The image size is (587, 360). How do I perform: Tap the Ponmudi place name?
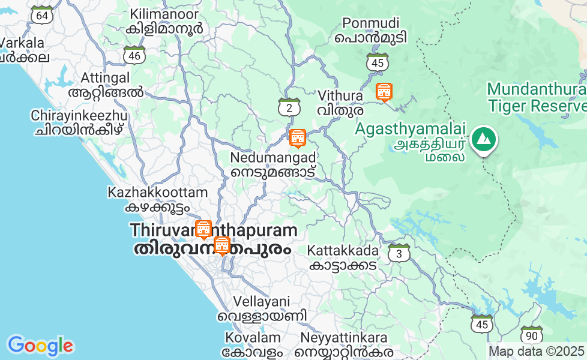coord(371,30)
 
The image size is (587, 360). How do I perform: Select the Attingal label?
coord(106,85)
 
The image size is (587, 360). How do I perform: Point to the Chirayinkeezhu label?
coord(79,122)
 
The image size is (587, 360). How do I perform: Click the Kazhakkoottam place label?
coord(157,200)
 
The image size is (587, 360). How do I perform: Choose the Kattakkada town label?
coord(343,257)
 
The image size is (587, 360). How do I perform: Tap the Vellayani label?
coord(262,308)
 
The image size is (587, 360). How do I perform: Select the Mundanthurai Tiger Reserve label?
coord(537,97)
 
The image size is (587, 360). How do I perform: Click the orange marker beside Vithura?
coord(384,92)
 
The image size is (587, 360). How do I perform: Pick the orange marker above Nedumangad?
coord(297,138)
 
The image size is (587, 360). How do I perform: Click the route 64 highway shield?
coord(41,15)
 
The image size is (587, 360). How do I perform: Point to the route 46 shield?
coord(134,55)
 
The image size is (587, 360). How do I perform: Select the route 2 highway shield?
coord(289,107)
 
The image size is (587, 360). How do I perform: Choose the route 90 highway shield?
coord(531,335)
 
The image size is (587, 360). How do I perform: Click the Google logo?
coord(40,345)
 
